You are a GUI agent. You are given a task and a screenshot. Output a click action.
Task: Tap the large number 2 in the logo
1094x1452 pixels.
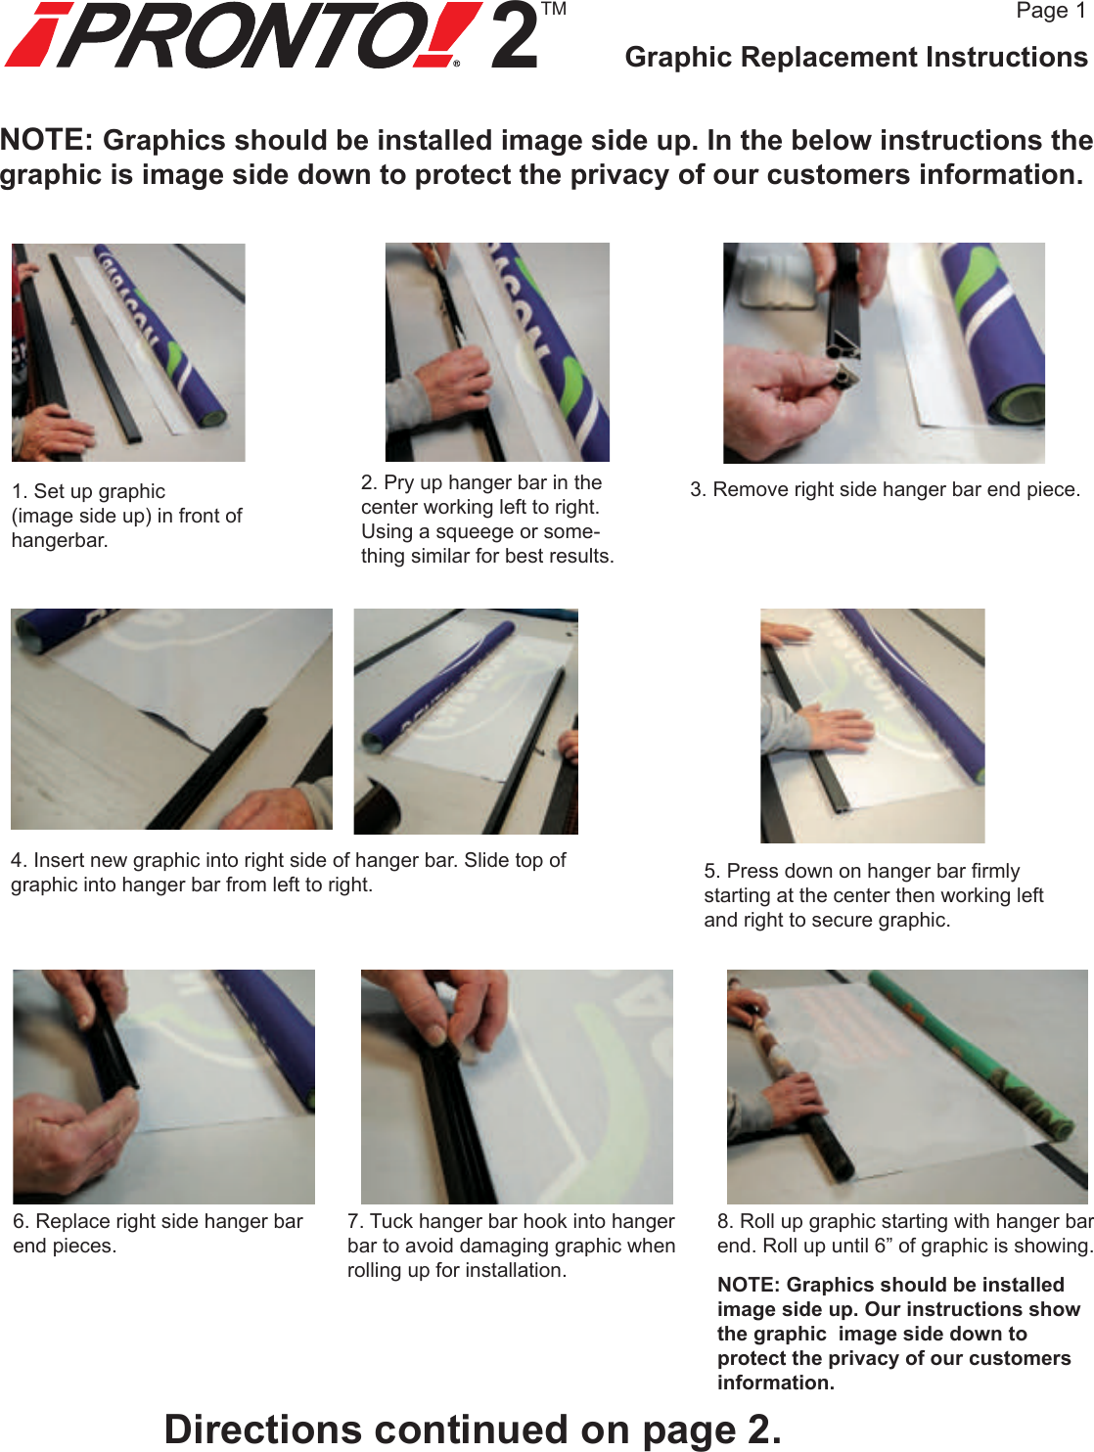515,36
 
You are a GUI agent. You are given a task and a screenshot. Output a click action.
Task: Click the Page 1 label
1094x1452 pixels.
1050,11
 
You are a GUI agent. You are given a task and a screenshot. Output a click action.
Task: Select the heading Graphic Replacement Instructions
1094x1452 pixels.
855,58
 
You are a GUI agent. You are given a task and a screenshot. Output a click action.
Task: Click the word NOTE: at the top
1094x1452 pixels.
47,140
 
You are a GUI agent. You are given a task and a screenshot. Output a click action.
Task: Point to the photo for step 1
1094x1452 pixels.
128,352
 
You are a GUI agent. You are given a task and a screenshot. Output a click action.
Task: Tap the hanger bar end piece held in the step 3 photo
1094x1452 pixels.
843,377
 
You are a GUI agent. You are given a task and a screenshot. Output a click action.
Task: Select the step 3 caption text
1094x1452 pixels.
885,489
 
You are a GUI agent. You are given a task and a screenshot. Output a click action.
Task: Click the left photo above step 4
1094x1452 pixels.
171,719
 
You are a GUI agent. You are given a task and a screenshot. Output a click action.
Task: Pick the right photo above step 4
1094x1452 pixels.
466,721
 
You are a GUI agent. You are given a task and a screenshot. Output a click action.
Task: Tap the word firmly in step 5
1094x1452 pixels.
995,871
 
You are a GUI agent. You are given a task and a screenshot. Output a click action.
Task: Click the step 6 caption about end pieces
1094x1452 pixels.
158,1233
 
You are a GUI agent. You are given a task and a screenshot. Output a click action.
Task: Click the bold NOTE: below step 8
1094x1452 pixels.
749,1285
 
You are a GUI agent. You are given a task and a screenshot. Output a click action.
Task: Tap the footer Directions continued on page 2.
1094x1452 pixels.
473,1429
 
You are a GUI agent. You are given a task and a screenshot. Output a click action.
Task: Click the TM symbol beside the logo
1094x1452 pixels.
554,10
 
